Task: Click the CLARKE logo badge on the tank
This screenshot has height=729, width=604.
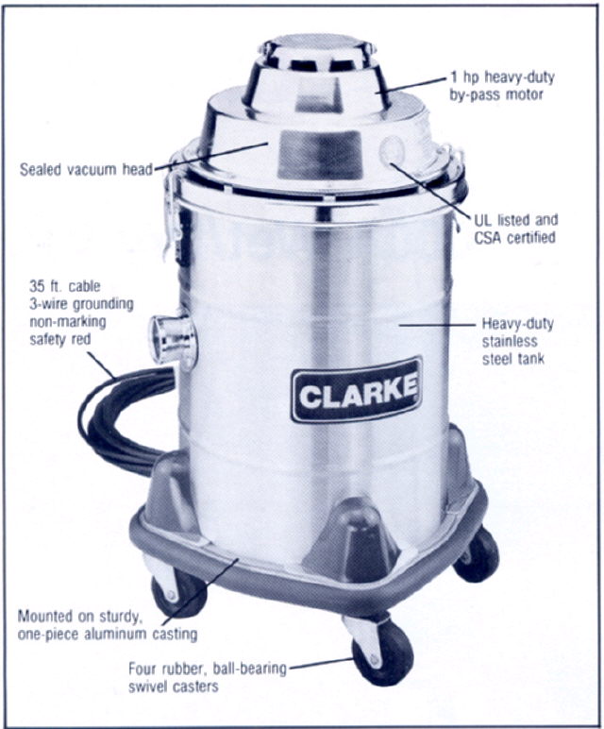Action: coord(357,391)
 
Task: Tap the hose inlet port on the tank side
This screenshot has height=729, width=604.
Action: coord(173,341)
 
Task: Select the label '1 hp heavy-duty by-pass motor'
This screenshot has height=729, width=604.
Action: coord(502,86)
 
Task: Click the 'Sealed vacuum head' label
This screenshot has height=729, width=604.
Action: coord(87,169)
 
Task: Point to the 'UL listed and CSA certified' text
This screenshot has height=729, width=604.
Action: coord(515,229)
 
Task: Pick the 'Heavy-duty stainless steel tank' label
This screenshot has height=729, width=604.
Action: coord(517,341)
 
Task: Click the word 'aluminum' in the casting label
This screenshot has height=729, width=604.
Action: coord(124,635)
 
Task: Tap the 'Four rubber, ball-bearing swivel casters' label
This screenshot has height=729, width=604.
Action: coord(208,677)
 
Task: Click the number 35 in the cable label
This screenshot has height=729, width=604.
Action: coord(37,286)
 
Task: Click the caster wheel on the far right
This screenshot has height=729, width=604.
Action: coord(478,554)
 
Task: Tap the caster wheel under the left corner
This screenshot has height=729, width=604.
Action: coord(178,594)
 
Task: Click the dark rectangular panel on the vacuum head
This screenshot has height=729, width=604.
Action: coord(320,155)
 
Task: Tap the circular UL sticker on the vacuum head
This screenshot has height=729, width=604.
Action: coord(391,150)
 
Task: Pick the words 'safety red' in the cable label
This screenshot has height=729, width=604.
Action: coord(60,340)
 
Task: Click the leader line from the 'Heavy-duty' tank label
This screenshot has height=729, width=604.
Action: coord(438,325)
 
